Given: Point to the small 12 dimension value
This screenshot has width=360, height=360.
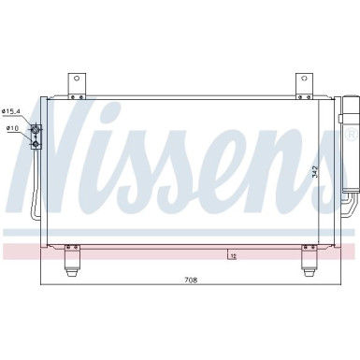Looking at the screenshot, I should click(x=231, y=253).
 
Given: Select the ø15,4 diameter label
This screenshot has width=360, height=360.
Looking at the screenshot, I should click(x=15, y=111).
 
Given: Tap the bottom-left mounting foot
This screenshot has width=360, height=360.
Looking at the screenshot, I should click(x=73, y=262).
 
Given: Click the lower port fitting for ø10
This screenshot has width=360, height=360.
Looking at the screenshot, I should click(x=37, y=142).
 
